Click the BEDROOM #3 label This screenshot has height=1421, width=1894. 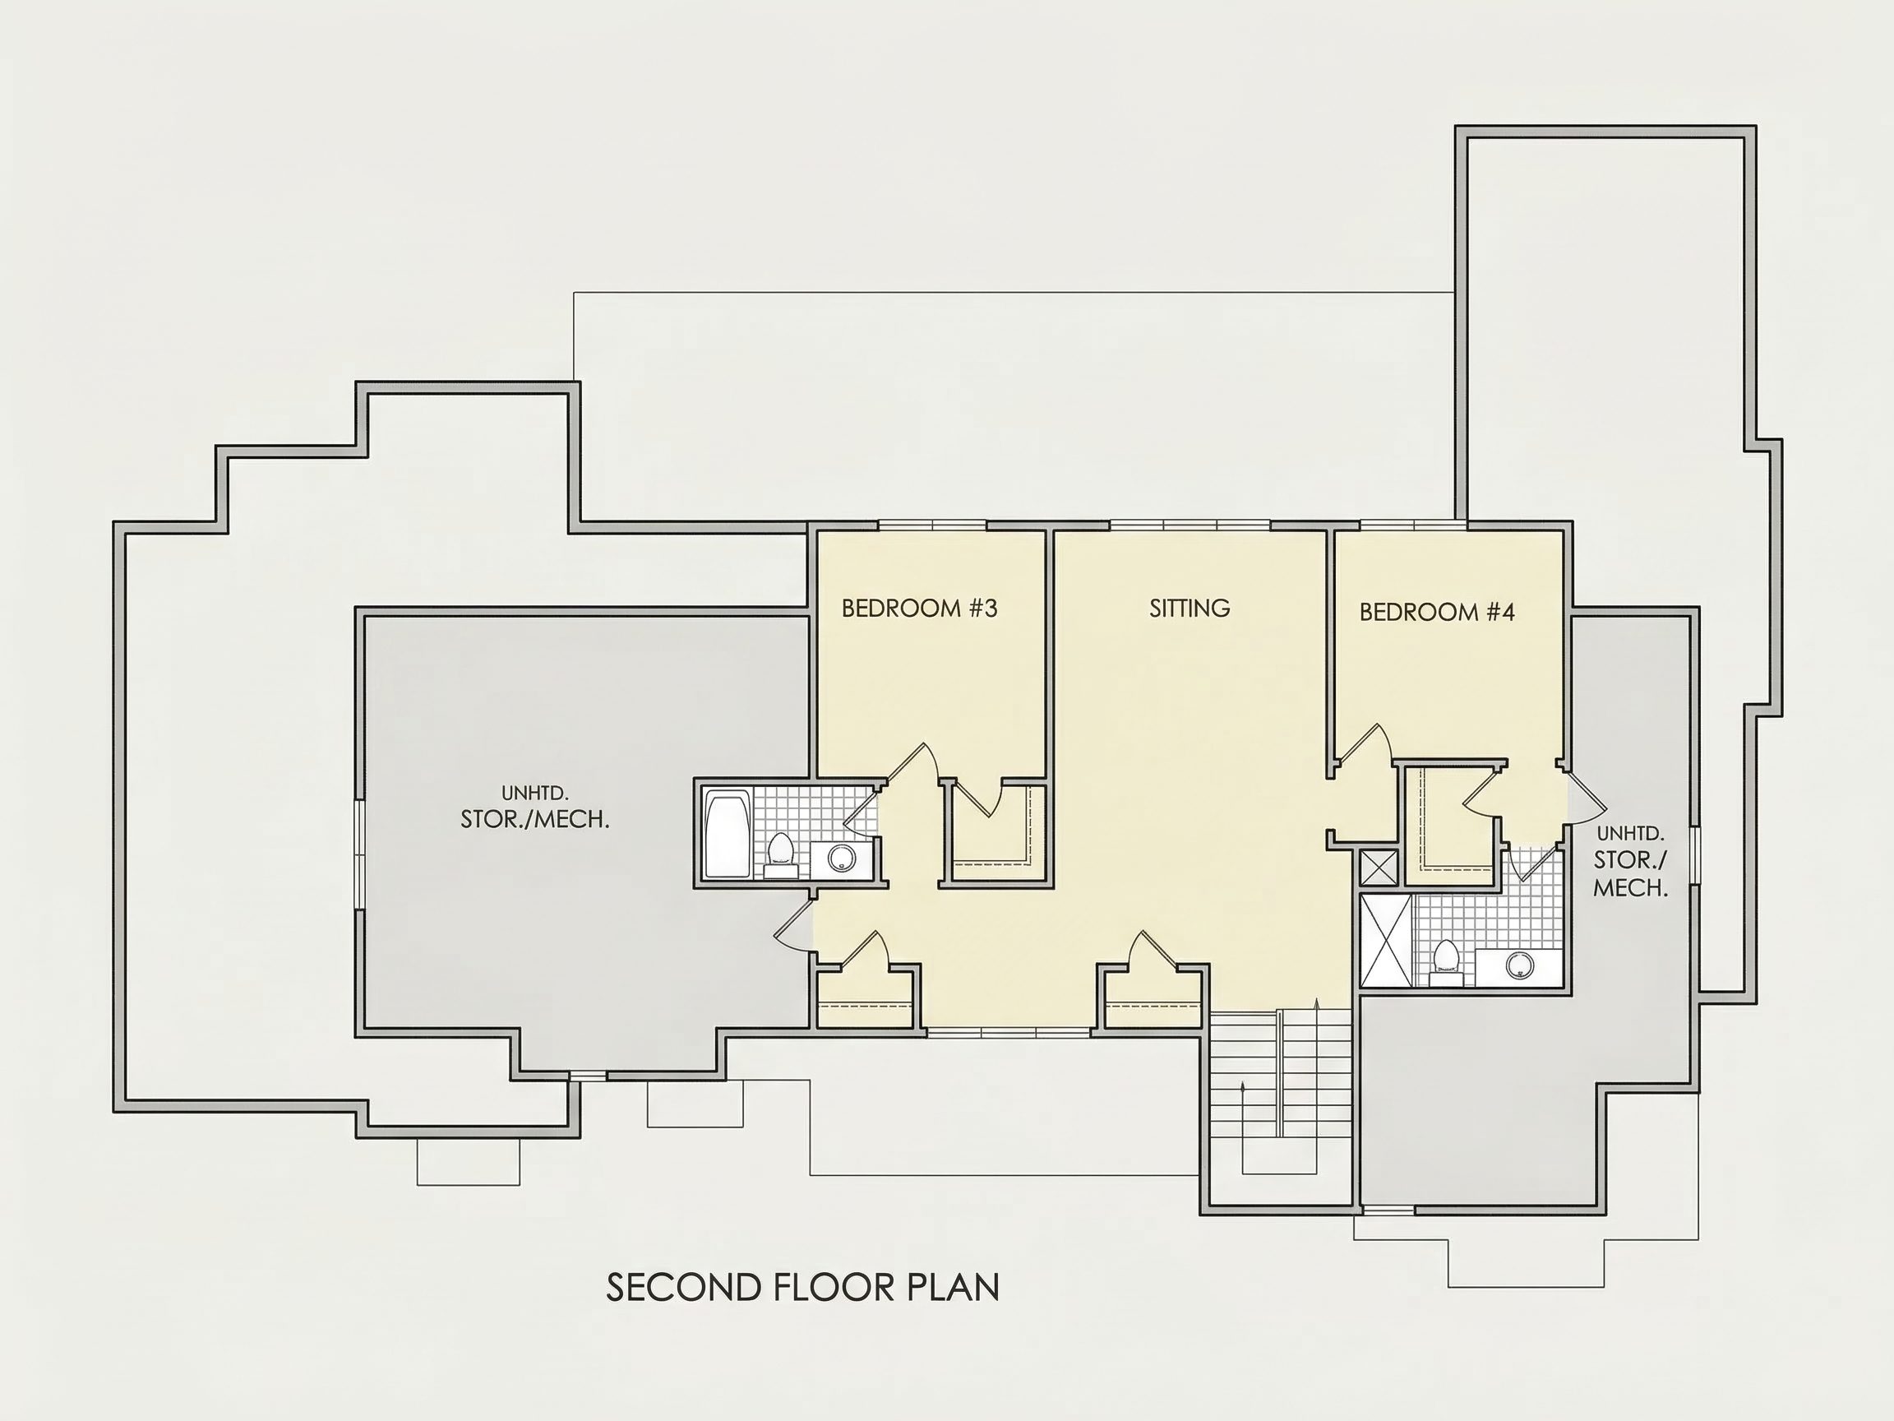(920, 609)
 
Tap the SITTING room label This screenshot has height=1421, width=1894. (1190, 609)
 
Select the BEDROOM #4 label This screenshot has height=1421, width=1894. (1437, 612)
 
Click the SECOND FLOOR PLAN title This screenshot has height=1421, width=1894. (802, 1288)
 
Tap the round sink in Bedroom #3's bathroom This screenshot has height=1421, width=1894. (841, 858)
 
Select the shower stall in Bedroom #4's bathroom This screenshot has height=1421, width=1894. (1386, 941)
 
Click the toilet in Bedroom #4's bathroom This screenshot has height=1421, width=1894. (1446, 963)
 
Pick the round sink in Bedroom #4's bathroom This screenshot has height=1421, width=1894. (1518, 965)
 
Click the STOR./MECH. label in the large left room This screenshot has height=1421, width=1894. (535, 820)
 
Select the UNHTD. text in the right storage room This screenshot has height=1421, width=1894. (1630, 833)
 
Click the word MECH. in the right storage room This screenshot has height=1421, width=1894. (1630, 888)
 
